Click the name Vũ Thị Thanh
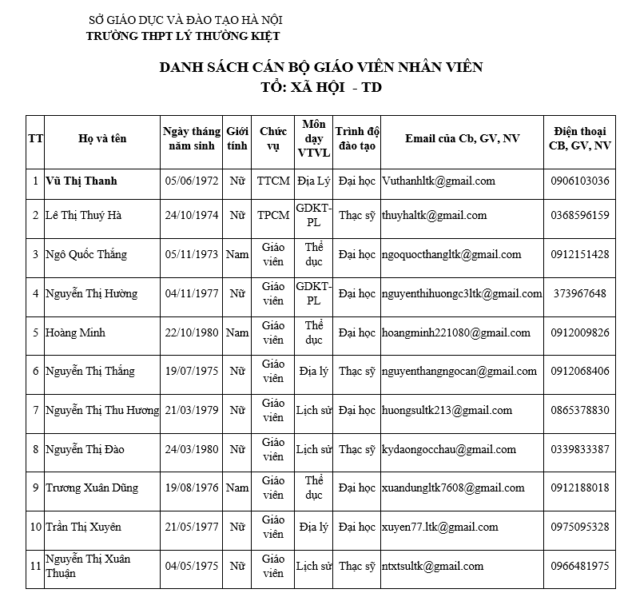(81, 181)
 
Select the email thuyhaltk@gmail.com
(434, 216)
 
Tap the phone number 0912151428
(579, 255)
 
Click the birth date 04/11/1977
(191, 294)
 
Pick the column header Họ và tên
(102, 139)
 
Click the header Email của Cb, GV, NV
(462, 139)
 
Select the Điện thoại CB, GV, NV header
(579, 138)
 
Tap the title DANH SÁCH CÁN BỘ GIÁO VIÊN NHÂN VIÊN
(321, 67)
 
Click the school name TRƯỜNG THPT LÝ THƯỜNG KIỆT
(183, 36)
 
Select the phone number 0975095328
(579, 527)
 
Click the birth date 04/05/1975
(191, 567)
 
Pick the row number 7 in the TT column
(35, 411)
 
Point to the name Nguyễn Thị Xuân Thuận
(88, 567)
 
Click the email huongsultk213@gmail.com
(447, 411)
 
